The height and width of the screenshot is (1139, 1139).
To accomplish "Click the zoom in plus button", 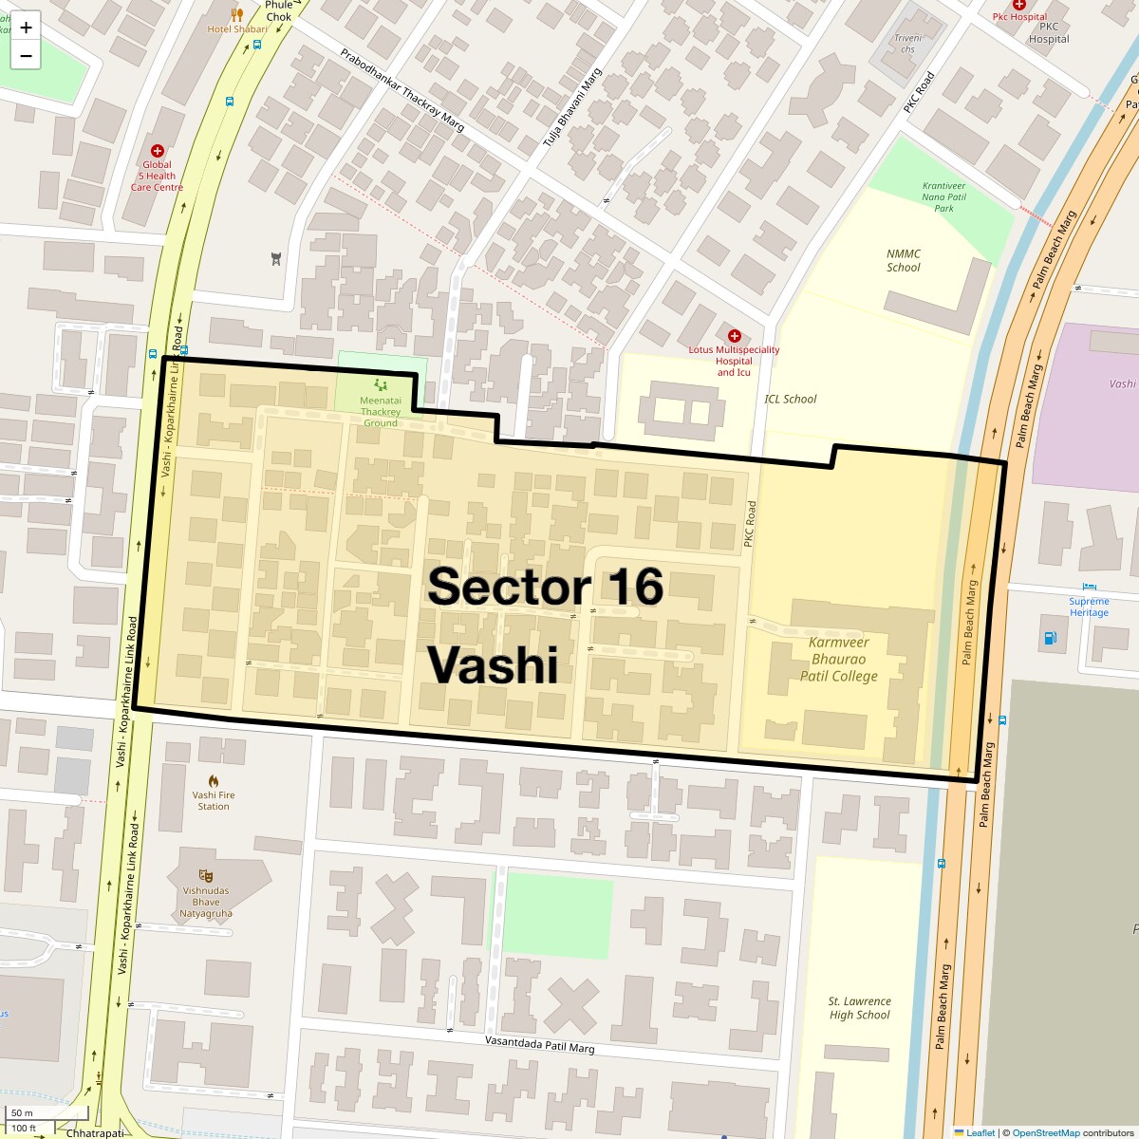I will click(x=26, y=28).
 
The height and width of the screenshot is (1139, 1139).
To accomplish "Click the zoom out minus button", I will click(x=26, y=56).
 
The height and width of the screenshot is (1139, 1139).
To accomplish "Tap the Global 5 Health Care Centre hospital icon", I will click(x=158, y=151).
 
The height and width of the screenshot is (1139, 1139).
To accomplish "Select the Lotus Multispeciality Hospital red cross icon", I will click(x=734, y=336).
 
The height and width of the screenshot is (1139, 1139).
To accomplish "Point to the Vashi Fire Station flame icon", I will click(x=214, y=780).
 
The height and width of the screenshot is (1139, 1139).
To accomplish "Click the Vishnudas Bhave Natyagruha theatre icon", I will click(x=205, y=875).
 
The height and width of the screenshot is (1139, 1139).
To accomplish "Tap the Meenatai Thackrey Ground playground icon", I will click(x=381, y=384).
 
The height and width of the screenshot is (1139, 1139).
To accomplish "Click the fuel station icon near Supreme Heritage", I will click(x=1051, y=638).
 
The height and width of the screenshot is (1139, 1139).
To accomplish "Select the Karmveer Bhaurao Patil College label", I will click(x=839, y=660).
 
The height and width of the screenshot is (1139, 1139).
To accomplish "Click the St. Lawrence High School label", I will click(x=860, y=1008).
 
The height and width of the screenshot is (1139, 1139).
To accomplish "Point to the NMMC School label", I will click(x=904, y=261).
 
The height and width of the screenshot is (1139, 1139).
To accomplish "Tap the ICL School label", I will click(x=791, y=399).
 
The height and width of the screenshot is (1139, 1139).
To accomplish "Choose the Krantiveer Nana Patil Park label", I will click(x=943, y=196).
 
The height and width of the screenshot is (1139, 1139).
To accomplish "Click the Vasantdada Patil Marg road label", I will click(x=539, y=1044).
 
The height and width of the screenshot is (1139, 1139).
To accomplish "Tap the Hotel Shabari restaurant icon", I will click(x=237, y=14).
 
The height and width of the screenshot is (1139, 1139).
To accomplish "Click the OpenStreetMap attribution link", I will click(x=1045, y=1132).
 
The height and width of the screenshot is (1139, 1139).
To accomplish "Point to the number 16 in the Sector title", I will click(x=624, y=587).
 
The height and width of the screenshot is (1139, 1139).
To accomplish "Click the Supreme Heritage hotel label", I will click(x=1089, y=607).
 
